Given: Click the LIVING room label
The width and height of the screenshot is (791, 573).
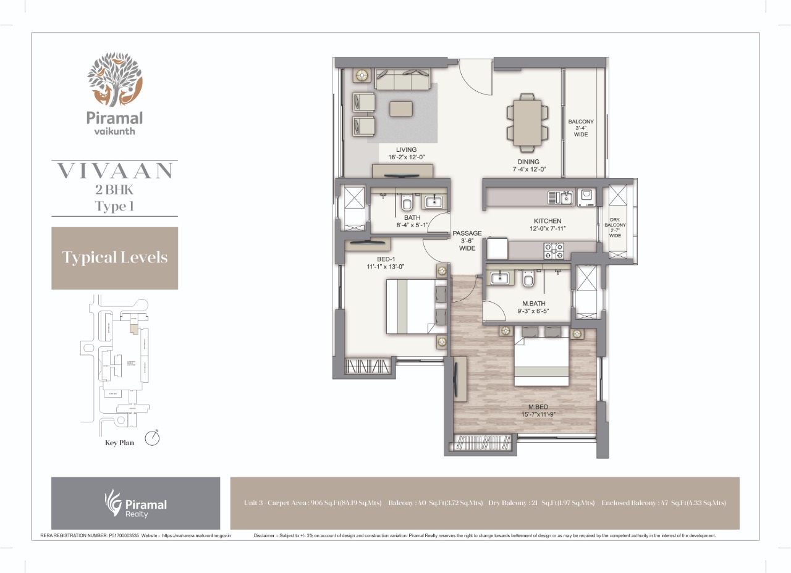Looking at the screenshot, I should [407, 149].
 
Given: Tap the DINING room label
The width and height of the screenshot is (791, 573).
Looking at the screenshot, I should [528, 162].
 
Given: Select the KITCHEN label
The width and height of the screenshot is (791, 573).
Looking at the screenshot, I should [548, 221].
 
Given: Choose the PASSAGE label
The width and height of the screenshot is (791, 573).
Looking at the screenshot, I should [467, 233].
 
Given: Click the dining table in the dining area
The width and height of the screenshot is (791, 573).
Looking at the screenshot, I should [527, 122].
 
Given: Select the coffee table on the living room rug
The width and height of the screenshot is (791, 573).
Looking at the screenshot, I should [402, 108].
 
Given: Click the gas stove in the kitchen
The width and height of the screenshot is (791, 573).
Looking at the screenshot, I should [553, 250].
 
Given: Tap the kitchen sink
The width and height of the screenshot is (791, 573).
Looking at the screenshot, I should [563, 197].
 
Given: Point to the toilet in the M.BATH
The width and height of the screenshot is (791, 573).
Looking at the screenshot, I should [528, 280].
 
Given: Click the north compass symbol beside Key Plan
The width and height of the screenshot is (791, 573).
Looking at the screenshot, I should [152, 438].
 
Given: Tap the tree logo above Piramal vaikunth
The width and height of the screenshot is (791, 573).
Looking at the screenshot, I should [114, 80].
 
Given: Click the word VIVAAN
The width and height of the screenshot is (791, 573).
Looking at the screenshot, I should [114, 171].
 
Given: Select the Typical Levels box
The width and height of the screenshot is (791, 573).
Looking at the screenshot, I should [114, 257].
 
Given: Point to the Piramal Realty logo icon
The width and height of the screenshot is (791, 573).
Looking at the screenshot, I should [112, 501].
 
